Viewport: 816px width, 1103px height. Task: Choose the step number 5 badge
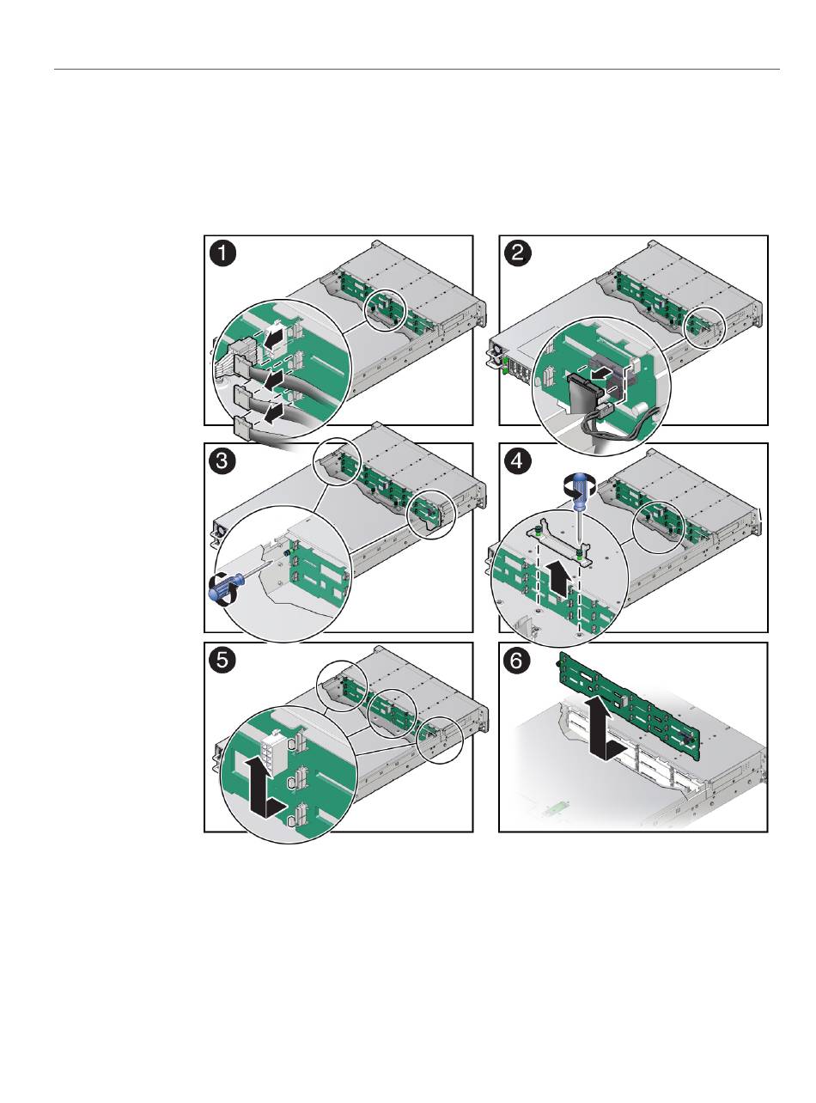pyautogui.click(x=222, y=661)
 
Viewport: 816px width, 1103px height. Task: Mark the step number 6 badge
pyautogui.click(x=517, y=661)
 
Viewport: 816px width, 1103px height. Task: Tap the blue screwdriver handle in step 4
pyautogui.click(x=578, y=493)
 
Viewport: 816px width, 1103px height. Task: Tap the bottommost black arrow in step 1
pyautogui.click(x=276, y=413)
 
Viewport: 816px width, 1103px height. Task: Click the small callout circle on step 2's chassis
pyautogui.click(x=704, y=327)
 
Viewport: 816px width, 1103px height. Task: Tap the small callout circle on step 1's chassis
pyautogui.click(x=385, y=310)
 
